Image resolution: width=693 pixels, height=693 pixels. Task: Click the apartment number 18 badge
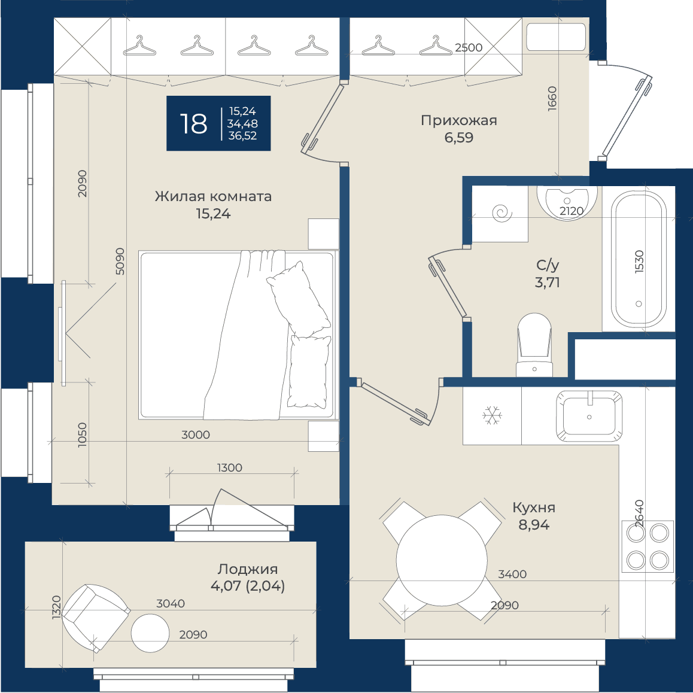[218, 123]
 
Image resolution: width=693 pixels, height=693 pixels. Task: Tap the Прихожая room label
[459, 120]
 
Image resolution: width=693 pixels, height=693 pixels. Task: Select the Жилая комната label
[213, 196]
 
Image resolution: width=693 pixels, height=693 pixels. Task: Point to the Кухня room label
[534, 507]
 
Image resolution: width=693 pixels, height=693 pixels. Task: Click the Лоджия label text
[248, 569]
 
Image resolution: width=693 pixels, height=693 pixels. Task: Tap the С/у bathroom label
[548, 265]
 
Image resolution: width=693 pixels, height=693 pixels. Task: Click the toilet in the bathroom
[534, 345]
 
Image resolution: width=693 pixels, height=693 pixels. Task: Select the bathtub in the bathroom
[639, 259]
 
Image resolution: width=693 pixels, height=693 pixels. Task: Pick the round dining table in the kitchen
[442, 560]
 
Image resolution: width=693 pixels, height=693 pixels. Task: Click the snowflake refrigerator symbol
[492, 415]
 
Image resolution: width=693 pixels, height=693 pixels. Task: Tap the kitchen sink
[589, 416]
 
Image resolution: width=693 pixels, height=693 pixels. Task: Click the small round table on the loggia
[150, 633]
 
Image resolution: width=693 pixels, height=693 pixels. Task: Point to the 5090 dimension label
[120, 261]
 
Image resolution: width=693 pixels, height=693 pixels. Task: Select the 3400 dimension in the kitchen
[512, 574]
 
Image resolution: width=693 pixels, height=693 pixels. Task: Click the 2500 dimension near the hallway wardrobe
[469, 47]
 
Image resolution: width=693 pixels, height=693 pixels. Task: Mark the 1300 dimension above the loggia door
[229, 467]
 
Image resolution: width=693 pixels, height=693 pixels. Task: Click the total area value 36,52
[242, 136]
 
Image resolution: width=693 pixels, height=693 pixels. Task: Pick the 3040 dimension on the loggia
[171, 604]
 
